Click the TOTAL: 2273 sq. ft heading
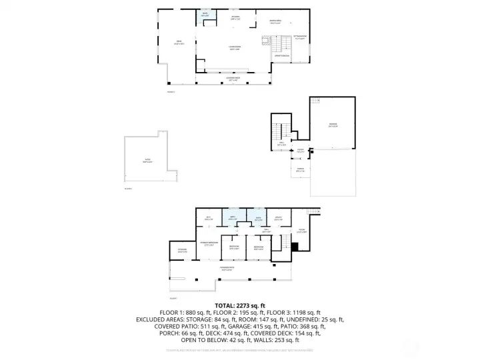[240, 305]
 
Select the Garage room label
[333, 125]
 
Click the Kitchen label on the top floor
[235, 17]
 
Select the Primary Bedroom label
[209, 243]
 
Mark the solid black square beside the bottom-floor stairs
[294, 247]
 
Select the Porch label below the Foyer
[300, 169]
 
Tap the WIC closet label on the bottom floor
[208, 218]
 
